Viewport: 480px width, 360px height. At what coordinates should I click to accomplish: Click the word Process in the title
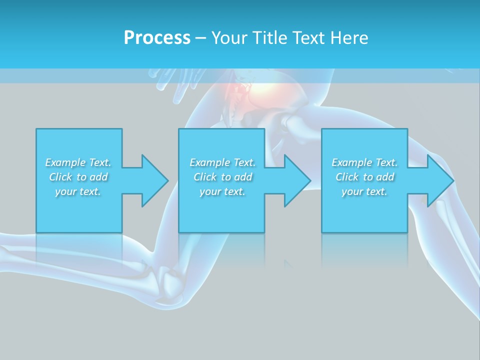pyautogui.click(x=157, y=38)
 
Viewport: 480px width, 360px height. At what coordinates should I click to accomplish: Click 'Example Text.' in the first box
pyautogui.click(x=78, y=162)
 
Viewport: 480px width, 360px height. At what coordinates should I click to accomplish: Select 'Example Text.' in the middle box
pyautogui.click(x=222, y=162)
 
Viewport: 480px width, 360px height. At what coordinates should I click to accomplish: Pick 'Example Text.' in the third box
pyautogui.click(x=364, y=162)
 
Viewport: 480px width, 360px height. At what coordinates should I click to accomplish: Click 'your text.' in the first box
pyautogui.click(x=78, y=191)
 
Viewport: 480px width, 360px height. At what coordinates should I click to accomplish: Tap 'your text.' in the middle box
pyautogui.click(x=222, y=191)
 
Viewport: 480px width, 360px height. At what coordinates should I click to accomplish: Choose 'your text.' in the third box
pyautogui.click(x=364, y=191)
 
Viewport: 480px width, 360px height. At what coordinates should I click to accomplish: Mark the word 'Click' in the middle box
pyautogui.click(x=205, y=177)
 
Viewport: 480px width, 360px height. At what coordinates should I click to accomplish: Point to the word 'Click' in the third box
pyautogui.click(x=347, y=177)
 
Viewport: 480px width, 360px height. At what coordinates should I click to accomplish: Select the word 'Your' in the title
pyautogui.click(x=228, y=38)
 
